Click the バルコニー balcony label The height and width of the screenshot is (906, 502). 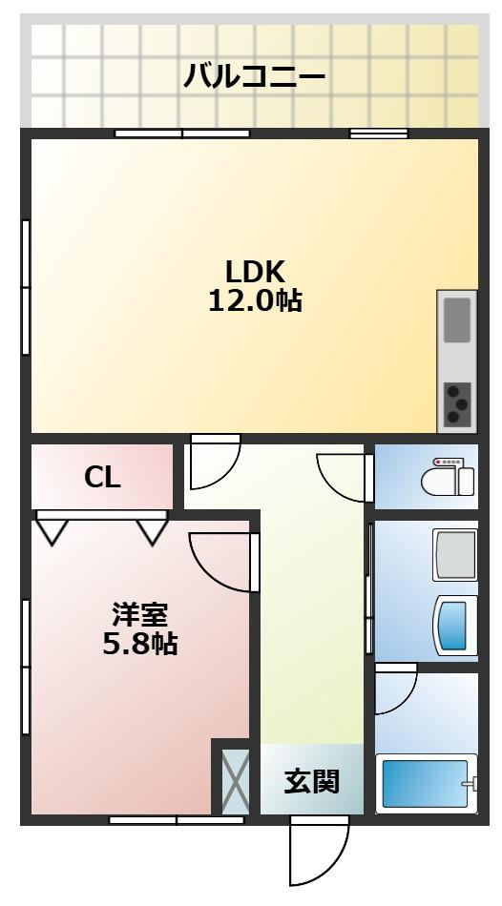pos(255,75)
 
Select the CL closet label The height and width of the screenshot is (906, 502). pos(102,478)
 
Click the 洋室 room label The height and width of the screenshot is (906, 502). pos(140,614)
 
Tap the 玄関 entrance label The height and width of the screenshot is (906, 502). pos(312,782)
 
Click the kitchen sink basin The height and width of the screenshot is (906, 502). pos(457,319)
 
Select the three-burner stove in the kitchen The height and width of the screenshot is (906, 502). pos(457,403)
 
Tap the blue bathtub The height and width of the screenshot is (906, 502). pos(425,783)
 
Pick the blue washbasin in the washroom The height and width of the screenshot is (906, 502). pos(455,626)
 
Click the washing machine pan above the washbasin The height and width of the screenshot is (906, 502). pos(454,554)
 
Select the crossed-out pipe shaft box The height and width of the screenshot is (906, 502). pos(236,781)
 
